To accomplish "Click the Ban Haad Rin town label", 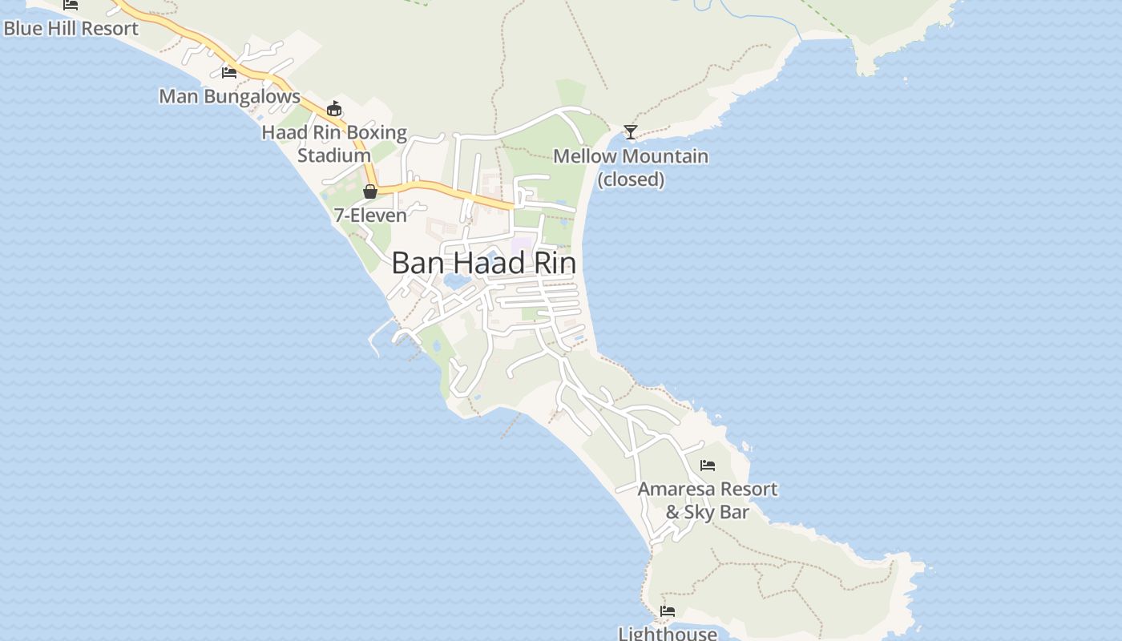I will pos(483,263).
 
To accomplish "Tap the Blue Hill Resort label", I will pos(71,29).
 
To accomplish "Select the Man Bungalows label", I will pos(229,96).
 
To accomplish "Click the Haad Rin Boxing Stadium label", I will pos(334,143).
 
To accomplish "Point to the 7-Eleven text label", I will pos(370,215).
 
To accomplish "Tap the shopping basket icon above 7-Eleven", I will pos(370,191).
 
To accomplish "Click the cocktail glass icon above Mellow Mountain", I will pos(631,132).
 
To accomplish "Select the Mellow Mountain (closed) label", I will pos(631,167).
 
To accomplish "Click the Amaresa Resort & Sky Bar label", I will pos(708,500).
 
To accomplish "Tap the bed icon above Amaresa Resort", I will pos(708,465).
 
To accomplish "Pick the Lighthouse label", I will pos(668,633).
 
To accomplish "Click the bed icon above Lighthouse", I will pos(668,611).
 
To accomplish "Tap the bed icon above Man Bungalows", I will pos(229,73).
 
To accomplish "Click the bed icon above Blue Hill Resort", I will pos(71,4).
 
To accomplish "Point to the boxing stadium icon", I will pos(334,109).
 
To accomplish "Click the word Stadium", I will pos(334,155).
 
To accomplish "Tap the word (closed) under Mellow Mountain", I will pos(631,179).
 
